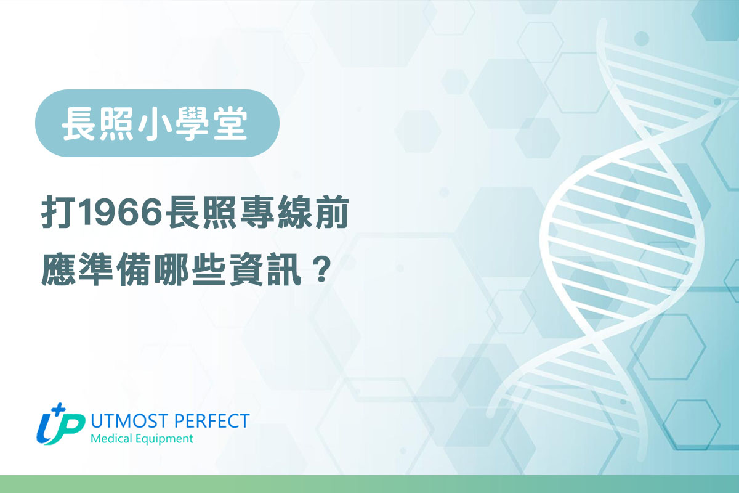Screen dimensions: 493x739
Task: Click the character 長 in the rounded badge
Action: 79,123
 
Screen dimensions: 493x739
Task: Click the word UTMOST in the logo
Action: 123,422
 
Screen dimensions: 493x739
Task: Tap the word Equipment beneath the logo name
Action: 165,439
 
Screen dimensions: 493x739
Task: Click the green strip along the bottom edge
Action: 369,484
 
